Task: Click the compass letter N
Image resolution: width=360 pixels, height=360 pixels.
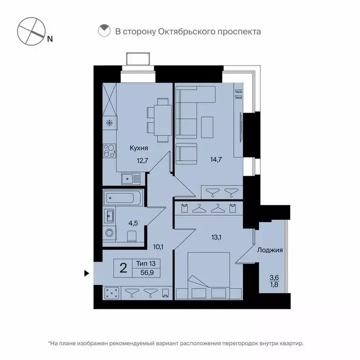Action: pos(50,39)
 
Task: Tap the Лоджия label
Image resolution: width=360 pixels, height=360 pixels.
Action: pos(270,250)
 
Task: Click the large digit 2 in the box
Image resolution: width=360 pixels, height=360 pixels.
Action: pos(123,268)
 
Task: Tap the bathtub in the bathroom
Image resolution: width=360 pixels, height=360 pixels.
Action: pos(121,198)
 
